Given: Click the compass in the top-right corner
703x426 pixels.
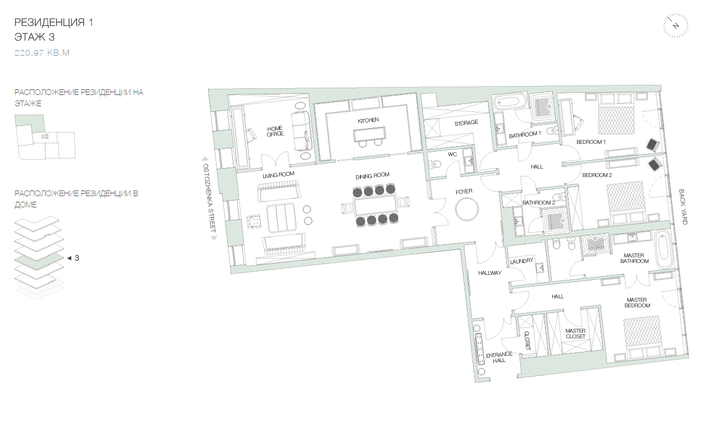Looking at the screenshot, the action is coord(675,26).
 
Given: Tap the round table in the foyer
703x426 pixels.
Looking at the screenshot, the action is coord(467,210).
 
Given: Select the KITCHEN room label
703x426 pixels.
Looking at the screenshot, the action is coord(368,120).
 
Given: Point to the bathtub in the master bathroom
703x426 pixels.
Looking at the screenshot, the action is coord(664,250).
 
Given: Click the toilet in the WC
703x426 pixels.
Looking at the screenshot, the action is coord(435,164).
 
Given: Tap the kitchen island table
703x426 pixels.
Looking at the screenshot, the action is coord(369,134).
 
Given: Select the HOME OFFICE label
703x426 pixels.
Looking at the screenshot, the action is coord(275,131).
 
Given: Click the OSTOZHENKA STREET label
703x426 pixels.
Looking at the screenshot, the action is coord(209,198).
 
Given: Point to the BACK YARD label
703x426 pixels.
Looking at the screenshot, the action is coord(683,207).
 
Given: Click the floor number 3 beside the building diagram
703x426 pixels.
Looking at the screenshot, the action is coord(76,258).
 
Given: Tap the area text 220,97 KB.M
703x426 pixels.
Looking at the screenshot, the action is coord(42,52).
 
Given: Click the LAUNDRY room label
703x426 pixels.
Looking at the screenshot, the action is coord(521,261).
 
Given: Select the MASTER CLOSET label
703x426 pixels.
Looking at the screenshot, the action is coord(575,333).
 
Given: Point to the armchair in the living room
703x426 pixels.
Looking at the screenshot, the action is coord(255,221).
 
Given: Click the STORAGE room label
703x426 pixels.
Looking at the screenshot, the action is coord(466,123).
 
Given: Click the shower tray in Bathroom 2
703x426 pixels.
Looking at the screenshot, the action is coord(555,220).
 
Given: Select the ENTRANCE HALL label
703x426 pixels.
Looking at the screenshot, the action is coord(499,357).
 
